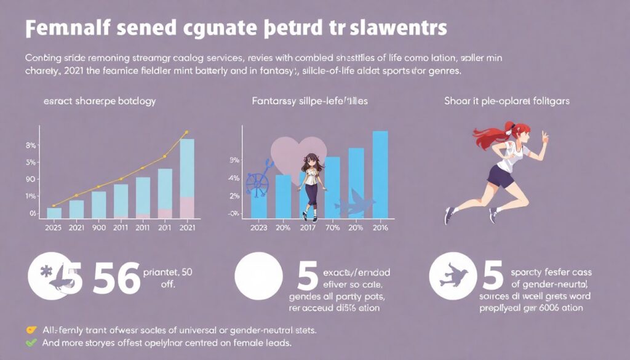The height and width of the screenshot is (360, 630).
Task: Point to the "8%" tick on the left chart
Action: click(x=31, y=146)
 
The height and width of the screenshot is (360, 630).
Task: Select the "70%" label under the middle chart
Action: click(x=332, y=227)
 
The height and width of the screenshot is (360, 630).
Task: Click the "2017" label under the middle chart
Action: click(x=308, y=227)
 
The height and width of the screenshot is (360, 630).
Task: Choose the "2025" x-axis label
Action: click(x=54, y=227)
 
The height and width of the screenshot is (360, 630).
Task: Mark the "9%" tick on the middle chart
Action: click(x=234, y=161)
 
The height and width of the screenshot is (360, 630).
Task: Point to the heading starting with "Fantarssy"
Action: click(x=310, y=100)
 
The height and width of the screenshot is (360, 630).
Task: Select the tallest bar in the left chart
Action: click(x=187, y=178)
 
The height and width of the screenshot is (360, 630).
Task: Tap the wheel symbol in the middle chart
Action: click(x=257, y=182)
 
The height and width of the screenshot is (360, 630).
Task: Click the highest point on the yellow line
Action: click(x=186, y=132)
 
